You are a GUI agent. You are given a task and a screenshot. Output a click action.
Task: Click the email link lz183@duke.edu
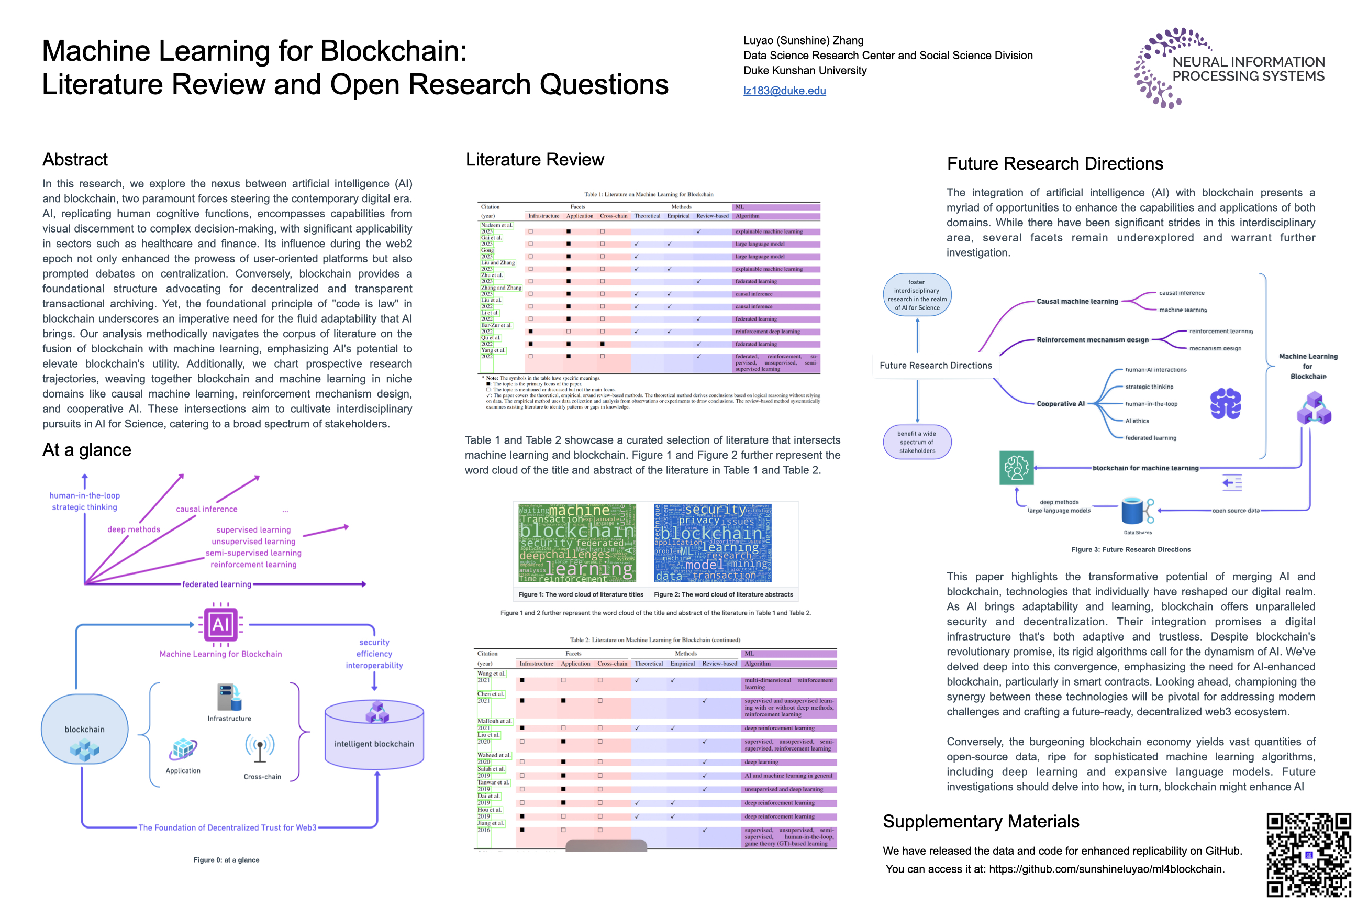(x=784, y=91)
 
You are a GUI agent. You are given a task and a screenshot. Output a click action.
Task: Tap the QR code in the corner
(x=1308, y=855)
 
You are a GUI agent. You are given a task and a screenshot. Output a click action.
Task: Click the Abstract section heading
(x=75, y=160)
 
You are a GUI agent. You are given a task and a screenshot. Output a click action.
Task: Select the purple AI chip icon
(x=221, y=624)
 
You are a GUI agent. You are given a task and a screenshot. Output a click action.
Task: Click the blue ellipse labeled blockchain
(x=85, y=729)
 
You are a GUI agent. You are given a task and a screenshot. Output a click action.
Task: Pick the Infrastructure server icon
(x=229, y=697)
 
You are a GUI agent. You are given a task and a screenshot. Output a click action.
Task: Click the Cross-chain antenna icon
(x=260, y=748)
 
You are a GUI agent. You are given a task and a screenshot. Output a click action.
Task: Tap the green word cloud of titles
(x=577, y=543)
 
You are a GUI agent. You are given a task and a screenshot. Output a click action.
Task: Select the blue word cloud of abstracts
(x=713, y=543)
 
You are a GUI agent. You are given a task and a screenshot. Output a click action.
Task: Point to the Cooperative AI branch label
(x=1061, y=404)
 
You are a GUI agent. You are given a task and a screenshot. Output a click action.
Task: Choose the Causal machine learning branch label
(x=1077, y=301)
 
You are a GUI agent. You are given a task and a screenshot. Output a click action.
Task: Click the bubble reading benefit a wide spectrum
(x=917, y=442)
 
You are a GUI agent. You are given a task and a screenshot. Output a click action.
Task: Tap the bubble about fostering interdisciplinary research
(x=917, y=295)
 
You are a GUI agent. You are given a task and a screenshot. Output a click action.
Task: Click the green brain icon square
(x=1017, y=468)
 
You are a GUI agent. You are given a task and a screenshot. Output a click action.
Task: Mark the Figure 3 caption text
(x=1131, y=549)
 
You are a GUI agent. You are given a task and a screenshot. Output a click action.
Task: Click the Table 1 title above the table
(x=649, y=194)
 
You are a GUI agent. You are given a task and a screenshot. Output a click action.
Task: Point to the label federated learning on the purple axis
(x=217, y=584)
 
